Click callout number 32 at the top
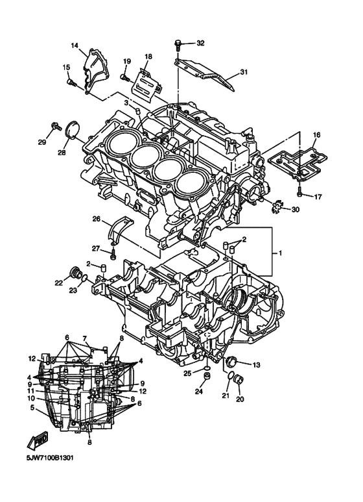(200, 43)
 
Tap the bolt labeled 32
(177, 45)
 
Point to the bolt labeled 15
(72, 82)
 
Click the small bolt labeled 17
(299, 193)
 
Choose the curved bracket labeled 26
(122, 229)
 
